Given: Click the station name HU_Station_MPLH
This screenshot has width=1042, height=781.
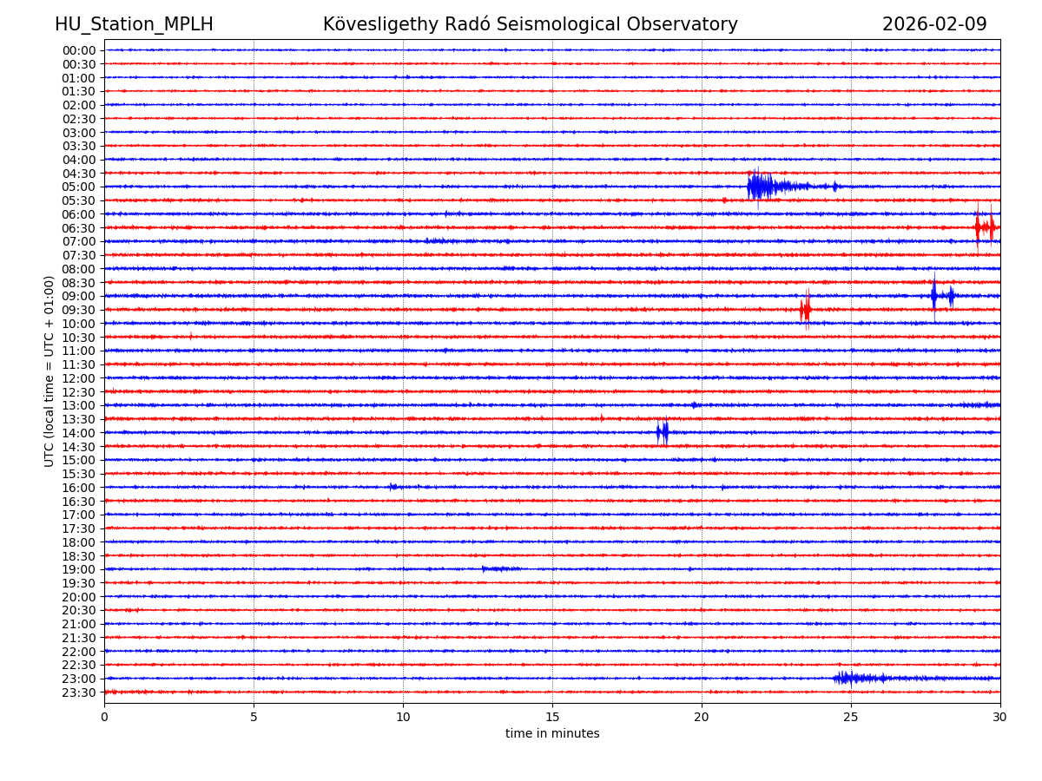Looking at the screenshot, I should pos(134,25).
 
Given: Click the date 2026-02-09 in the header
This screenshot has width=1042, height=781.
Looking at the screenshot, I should pos(934,25).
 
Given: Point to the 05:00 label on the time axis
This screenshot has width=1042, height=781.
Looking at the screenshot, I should pos(79,187).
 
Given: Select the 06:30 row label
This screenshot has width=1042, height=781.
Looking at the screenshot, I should pos(79,228).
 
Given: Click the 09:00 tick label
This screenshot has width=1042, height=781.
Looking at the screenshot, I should pos(79,296).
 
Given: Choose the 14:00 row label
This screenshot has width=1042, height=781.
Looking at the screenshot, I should pos(79,433).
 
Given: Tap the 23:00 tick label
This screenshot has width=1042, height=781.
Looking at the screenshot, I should pos(79,679).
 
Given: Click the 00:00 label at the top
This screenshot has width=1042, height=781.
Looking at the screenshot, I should pos(79,50).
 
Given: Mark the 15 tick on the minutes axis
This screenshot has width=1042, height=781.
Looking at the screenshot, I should pos(552,718).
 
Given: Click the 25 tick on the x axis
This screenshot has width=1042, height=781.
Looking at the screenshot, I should pos(851,718).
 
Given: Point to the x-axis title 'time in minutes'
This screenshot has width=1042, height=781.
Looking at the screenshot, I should pos(552,734).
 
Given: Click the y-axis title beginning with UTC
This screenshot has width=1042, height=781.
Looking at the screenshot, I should pos(50,371).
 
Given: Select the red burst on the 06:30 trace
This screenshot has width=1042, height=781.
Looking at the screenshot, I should pos(984,227).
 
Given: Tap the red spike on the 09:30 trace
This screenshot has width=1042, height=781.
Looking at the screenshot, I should pos(806,310).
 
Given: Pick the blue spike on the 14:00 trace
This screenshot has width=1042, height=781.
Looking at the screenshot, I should pos(663,432).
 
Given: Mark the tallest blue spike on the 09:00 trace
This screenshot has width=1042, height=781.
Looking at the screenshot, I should pos(934,296).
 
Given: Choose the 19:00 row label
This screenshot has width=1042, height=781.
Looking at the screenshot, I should pos(79,569).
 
